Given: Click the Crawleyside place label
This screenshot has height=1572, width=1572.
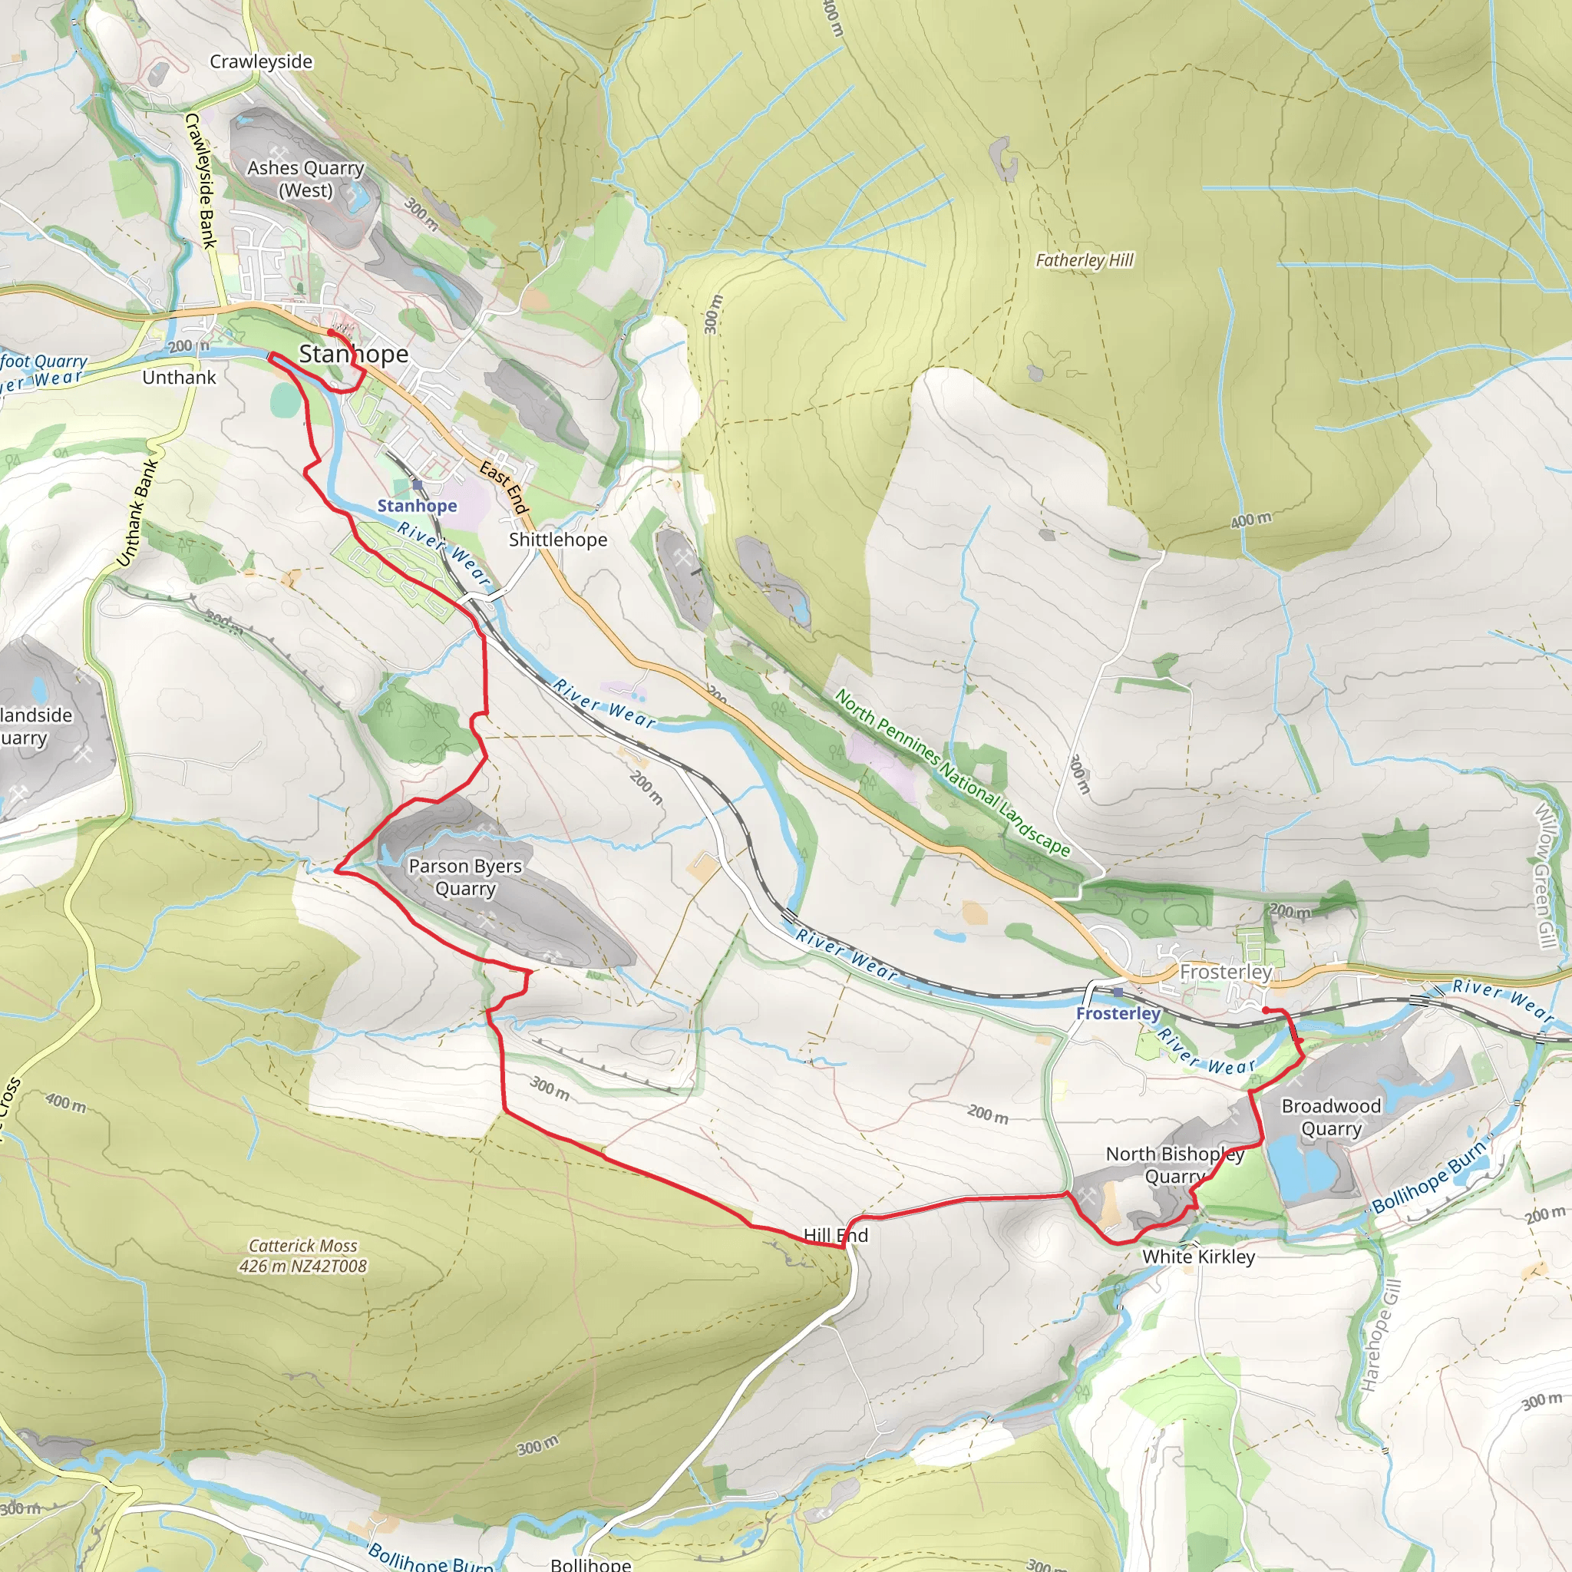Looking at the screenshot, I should pos(260,62).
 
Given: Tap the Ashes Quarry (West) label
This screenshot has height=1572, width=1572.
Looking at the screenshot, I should pos(305,179).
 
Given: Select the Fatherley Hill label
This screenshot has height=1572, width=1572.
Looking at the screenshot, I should pos(1084,260).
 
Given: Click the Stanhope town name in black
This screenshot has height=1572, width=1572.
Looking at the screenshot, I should pos(354,354).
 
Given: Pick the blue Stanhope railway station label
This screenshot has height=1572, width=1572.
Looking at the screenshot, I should pos(417,506).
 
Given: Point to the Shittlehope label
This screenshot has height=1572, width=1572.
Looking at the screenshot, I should pos(557,540).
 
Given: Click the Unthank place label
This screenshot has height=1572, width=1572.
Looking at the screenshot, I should pos(179,378).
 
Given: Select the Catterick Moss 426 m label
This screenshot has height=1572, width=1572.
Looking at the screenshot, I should pos(302,1256).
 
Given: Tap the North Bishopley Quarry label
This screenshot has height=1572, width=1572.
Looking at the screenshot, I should pos(1174,1164).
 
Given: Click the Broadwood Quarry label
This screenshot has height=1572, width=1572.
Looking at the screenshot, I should pos(1331,1116).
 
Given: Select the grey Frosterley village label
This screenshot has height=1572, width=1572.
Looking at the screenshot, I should pos(1225,972).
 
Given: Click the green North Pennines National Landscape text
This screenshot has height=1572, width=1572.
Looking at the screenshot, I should pos(952,772).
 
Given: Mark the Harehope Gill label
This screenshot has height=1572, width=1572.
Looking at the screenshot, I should pos(1381,1334).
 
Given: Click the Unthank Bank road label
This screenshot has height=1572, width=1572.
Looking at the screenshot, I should pos(136,514).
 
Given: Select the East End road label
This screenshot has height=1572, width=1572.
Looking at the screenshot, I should pos(504,487).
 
